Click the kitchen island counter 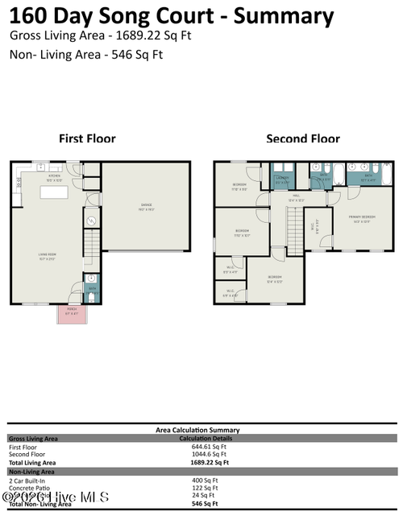[58, 193]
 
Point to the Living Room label [47, 258]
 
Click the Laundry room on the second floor [282, 180]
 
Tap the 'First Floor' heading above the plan [87, 138]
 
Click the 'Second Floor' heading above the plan [303, 138]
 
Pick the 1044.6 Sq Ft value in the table [205, 454]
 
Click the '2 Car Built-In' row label [27, 481]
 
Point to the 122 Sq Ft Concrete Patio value [205, 488]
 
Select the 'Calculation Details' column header [205, 438]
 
